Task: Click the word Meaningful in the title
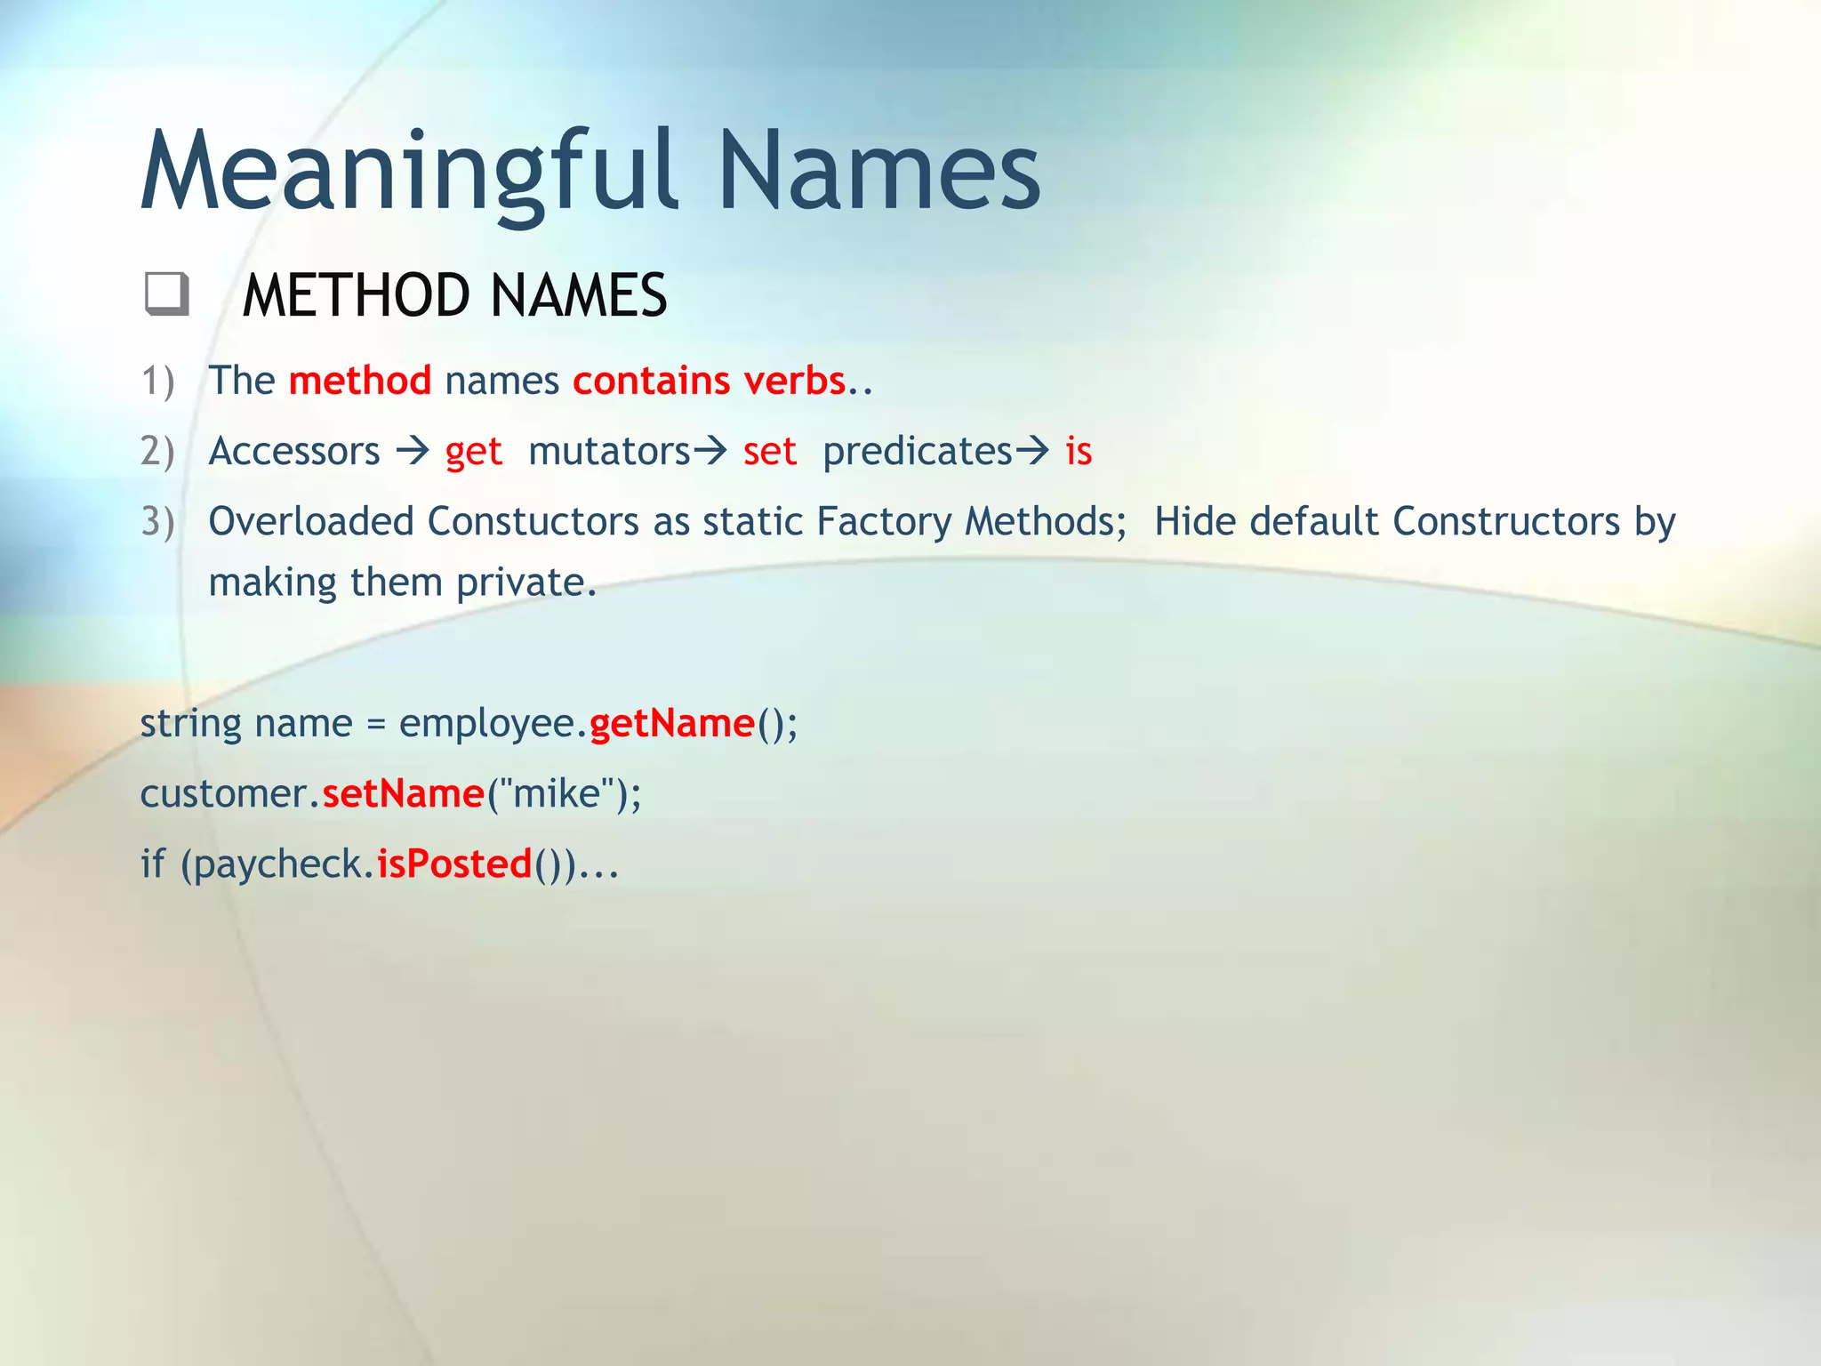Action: pos(409,173)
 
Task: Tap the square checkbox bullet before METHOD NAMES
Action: pos(166,294)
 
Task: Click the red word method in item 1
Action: pos(360,381)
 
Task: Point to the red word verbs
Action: pos(794,381)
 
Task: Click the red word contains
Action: pos(652,381)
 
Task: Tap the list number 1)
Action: pos(157,382)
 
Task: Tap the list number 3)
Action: pos(157,522)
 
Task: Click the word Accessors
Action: pos(294,451)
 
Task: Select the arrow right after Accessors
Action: pos(413,452)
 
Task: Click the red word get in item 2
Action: pos(474,452)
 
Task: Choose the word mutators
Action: pos(609,451)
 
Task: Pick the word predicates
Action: pos(917,451)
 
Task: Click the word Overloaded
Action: pos(311,521)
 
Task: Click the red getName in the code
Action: pos(671,723)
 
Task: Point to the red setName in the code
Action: pos(403,793)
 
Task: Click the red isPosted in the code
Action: pos(454,864)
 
